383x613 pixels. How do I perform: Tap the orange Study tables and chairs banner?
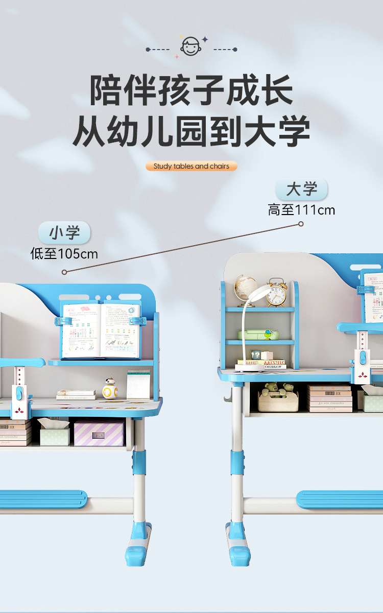point(192,166)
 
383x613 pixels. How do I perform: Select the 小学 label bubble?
point(64,233)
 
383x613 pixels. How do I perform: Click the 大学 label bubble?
point(301,189)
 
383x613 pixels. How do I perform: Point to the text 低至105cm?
point(64,254)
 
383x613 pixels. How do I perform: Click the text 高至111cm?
point(301,210)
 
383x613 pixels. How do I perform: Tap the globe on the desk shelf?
point(245,288)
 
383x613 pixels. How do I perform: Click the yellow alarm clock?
point(276,293)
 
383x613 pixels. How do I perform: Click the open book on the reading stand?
point(101,330)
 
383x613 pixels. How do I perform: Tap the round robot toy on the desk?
point(110,389)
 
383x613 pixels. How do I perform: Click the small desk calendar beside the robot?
point(138,385)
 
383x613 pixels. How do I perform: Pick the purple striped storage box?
point(99,433)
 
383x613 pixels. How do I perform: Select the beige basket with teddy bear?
point(278,398)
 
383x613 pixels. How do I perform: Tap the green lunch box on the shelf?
point(258,335)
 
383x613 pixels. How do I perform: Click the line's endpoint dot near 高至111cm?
point(301,224)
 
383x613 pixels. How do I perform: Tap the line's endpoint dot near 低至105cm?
point(64,272)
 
